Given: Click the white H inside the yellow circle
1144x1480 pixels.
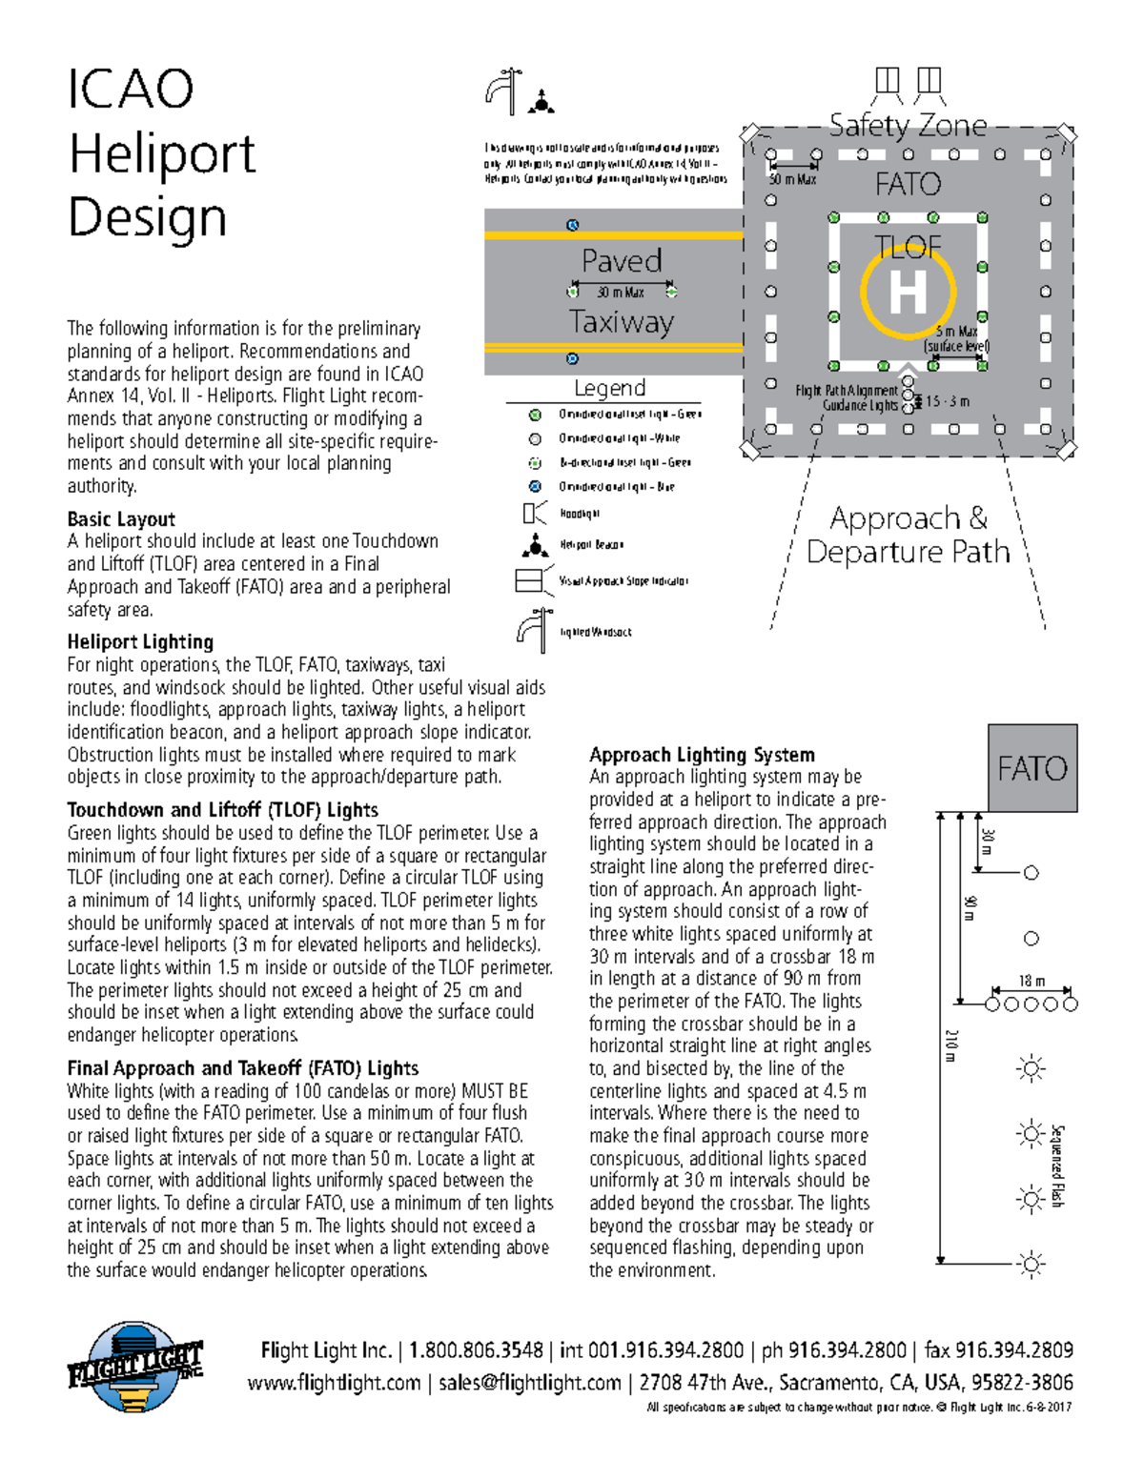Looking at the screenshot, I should (908, 292).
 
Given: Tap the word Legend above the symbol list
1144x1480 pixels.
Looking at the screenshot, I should (609, 388).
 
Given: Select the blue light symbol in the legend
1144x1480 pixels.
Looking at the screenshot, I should (535, 486).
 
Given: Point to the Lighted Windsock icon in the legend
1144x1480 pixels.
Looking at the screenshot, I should (532, 631).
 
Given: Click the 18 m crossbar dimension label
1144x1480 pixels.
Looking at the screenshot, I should (1032, 981).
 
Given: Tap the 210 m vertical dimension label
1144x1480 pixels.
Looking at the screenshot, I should (950, 1044).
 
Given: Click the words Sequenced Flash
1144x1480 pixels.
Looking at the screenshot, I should (1056, 1166).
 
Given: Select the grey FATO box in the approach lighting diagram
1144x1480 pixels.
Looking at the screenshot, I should (1032, 768).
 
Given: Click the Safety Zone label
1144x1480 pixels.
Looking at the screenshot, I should (908, 125).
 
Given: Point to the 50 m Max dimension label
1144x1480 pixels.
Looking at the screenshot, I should (792, 179).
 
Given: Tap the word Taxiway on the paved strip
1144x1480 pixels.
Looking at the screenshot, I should (622, 322).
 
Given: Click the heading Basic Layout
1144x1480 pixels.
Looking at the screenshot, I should (121, 519).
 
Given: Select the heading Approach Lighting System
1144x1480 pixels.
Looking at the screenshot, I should (702, 755).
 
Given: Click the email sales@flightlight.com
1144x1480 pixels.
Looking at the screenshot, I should (529, 1383).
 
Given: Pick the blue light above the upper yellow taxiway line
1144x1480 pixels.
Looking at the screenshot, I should (572, 225).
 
